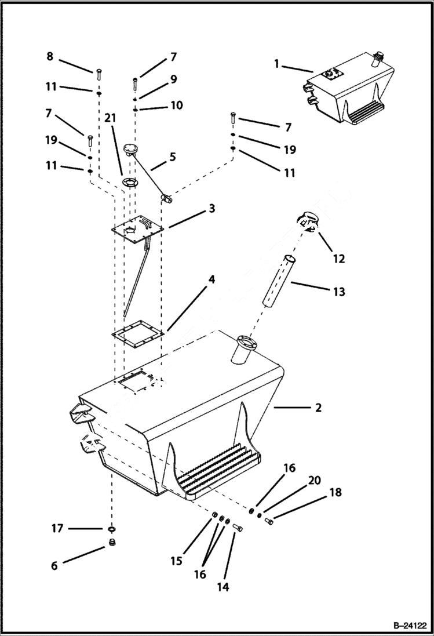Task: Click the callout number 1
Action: click(277, 64)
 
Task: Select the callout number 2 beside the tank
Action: click(318, 408)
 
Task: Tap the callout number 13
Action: click(338, 292)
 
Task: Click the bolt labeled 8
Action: click(98, 73)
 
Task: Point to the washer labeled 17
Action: click(110, 529)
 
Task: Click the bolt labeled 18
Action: click(269, 522)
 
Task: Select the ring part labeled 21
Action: click(130, 184)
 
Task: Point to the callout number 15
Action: click(176, 561)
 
